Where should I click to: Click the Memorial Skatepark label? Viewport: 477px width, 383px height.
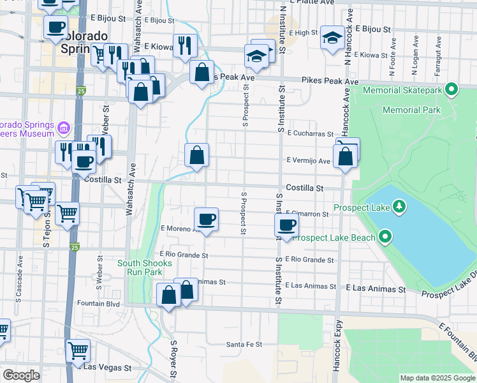pyautogui.click(x=402, y=91)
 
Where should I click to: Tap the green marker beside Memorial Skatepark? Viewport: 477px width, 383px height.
pyautogui.click(x=452, y=89)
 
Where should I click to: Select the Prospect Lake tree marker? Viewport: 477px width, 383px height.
pyautogui.click(x=399, y=206)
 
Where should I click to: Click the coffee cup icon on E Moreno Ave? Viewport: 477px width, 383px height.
pyautogui.click(x=206, y=220)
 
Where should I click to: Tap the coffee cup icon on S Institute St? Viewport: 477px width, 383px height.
pyautogui.click(x=286, y=225)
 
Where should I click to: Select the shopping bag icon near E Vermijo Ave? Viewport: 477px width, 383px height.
pyautogui.click(x=344, y=156)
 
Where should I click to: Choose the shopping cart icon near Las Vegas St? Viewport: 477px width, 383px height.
pyautogui.click(x=78, y=350)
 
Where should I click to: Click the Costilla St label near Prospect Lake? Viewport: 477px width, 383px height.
pyautogui.click(x=305, y=188)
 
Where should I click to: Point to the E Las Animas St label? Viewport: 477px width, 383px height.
pyautogui.click(x=376, y=289)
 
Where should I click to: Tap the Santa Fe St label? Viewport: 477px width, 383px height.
pyautogui.click(x=244, y=345)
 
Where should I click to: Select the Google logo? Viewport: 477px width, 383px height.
pyautogui.click(x=21, y=375)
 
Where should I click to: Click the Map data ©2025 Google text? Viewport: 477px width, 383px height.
pyautogui.click(x=437, y=378)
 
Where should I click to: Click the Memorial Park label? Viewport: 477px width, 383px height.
pyautogui.click(x=411, y=110)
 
